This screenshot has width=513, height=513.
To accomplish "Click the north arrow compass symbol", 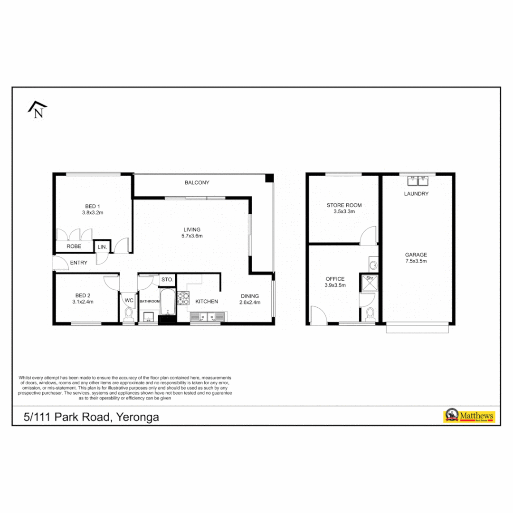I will click(37, 110).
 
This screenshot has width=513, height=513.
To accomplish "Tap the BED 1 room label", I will click(93, 206).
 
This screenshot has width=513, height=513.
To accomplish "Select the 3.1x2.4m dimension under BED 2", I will click(83, 302).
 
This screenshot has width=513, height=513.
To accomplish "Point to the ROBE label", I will click(73, 247).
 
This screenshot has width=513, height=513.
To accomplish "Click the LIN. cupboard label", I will click(102, 247).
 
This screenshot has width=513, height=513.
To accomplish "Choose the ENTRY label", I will click(78, 263).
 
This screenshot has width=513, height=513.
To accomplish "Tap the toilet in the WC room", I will click(128, 314).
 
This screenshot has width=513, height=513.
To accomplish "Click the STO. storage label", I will click(167, 279).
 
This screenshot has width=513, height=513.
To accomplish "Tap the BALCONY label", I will click(197, 182).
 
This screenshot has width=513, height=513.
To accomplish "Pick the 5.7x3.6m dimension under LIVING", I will click(192, 236).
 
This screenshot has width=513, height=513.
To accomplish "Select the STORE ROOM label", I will click(344, 205).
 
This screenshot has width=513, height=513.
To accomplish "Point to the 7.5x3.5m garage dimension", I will click(416, 261).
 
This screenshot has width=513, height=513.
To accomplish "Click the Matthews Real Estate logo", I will click(469, 416).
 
